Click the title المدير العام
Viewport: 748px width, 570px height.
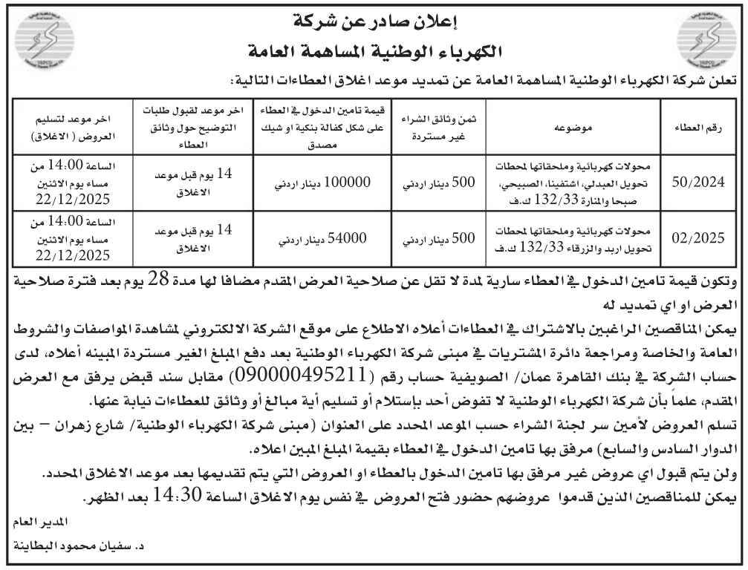[34, 525]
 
